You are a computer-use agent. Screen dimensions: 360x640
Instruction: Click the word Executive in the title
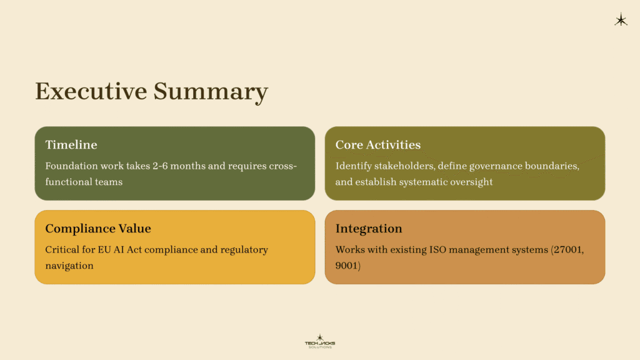(91, 91)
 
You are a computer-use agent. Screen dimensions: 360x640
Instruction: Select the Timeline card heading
(71, 145)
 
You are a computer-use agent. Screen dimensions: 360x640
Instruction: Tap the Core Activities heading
(377, 145)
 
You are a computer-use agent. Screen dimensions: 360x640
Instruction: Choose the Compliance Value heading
(98, 229)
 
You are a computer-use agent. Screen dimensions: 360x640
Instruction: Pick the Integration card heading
(369, 229)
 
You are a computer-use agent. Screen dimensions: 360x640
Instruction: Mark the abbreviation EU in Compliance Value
(104, 250)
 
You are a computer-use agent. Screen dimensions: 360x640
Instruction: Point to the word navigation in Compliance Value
(69, 266)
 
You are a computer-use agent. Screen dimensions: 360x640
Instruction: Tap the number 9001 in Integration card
(347, 266)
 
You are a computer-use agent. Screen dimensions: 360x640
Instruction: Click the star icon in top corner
(621, 21)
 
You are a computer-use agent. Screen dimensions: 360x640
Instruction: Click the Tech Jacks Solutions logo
(319, 341)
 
